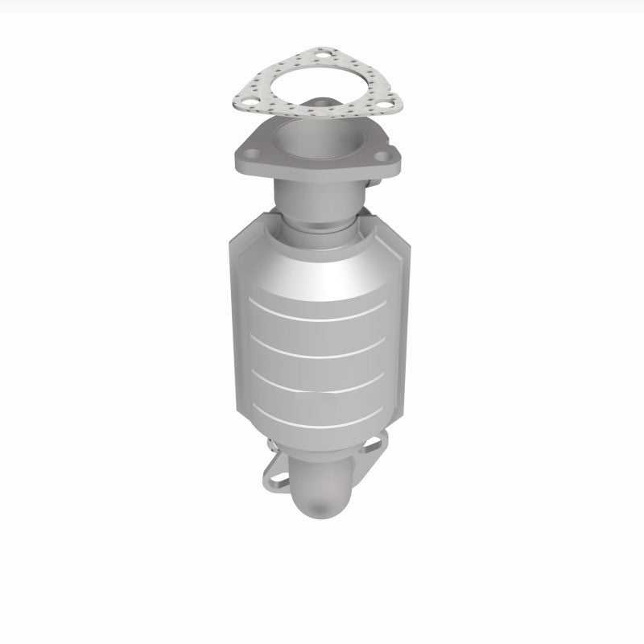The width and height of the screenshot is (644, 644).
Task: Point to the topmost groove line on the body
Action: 322,308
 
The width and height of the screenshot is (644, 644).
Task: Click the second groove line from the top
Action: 322,349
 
